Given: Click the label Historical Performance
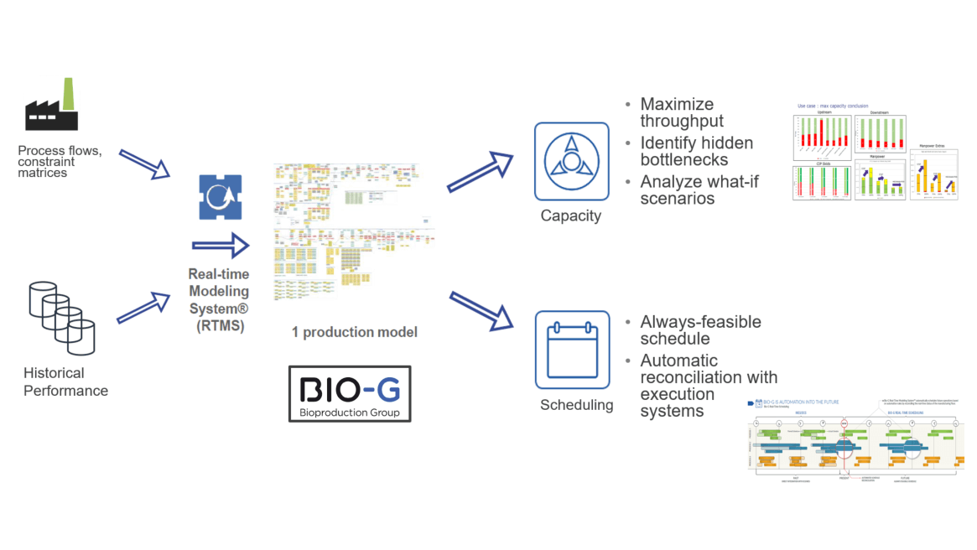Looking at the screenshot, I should tap(65, 381).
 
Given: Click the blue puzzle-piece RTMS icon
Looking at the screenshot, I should tap(221, 197).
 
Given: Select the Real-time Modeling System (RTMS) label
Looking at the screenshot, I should tap(218, 300).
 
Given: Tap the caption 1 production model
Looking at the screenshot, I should tap(354, 332).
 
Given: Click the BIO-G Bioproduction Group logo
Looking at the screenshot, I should tap(350, 393).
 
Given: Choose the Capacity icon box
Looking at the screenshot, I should tap(572, 160).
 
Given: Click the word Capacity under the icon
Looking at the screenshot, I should tap(570, 215).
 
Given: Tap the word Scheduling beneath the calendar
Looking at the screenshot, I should tap(576, 405).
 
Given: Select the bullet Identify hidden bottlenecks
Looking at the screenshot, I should tap(696, 151).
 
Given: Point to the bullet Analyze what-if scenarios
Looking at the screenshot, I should tap(699, 189).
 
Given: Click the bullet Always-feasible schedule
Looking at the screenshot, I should tap(699, 329).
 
